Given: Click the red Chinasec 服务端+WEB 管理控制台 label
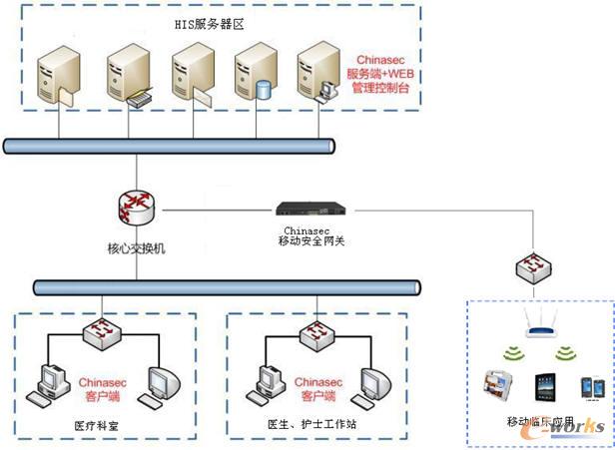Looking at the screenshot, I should tap(382, 75).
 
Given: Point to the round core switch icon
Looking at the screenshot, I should tap(135, 209).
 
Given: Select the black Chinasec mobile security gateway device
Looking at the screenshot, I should tap(310, 211).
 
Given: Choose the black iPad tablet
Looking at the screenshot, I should tap(547, 389).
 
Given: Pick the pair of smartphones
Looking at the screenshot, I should tap(595, 389).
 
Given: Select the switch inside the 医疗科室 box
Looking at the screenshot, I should tap(103, 333).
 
